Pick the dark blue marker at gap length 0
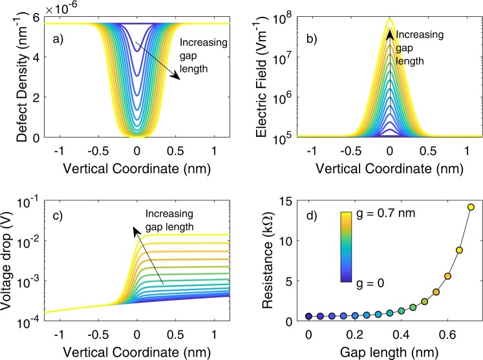(308, 316)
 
